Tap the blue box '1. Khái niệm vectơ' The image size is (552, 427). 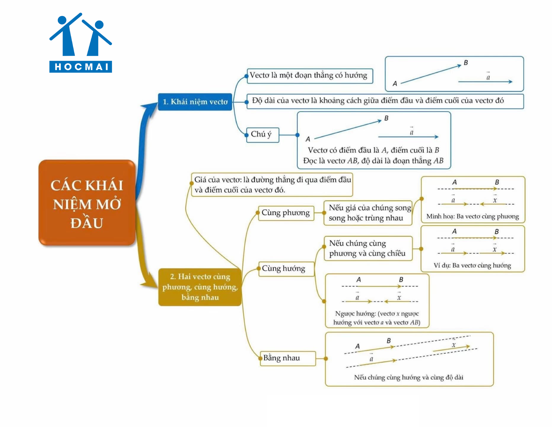click(x=195, y=102)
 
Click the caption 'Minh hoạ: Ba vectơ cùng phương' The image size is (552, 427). click(x=472, y=217)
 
